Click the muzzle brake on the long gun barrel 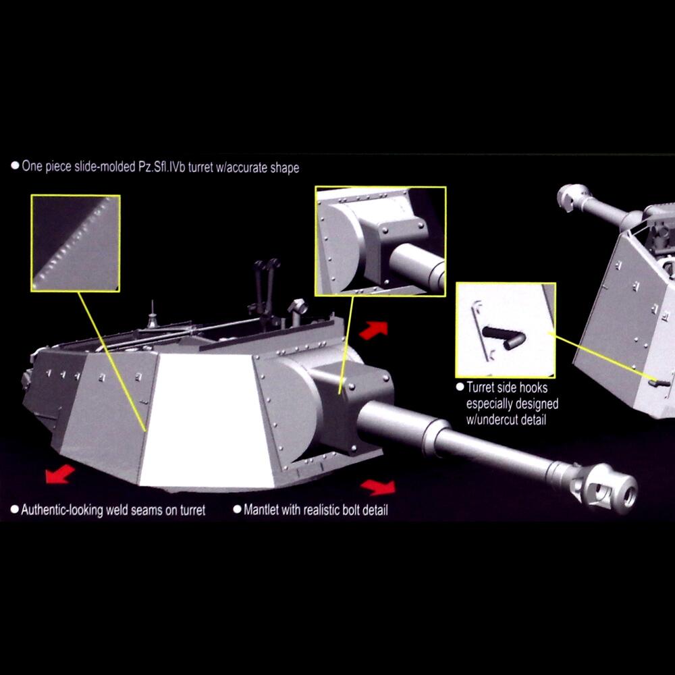coord(605,488)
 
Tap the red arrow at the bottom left coord(60,474)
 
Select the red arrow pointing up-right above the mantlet coord(373,330)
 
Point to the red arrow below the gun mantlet coord(378,487)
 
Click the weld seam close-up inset coord(76,243)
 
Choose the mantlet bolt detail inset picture coord(381,241)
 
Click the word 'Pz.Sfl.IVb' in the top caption coord(161,167)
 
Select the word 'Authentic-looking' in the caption coord(62,510)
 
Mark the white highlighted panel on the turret coord(206,420)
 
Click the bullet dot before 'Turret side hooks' coord(460,387)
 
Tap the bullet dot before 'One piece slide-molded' coord(15,165)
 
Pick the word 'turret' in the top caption coord(200,167)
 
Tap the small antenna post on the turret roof coord(151,317)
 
